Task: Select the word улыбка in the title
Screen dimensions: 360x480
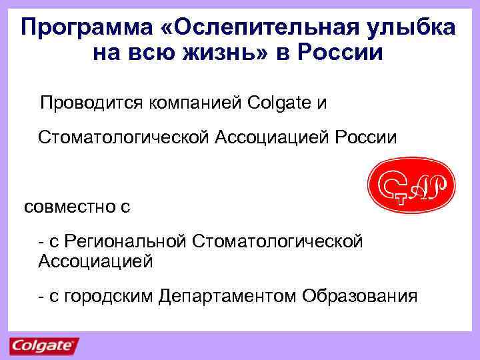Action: pos(417,28)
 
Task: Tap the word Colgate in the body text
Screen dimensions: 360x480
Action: pos(279,104)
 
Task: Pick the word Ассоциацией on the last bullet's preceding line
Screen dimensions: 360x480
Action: pos(96,261)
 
